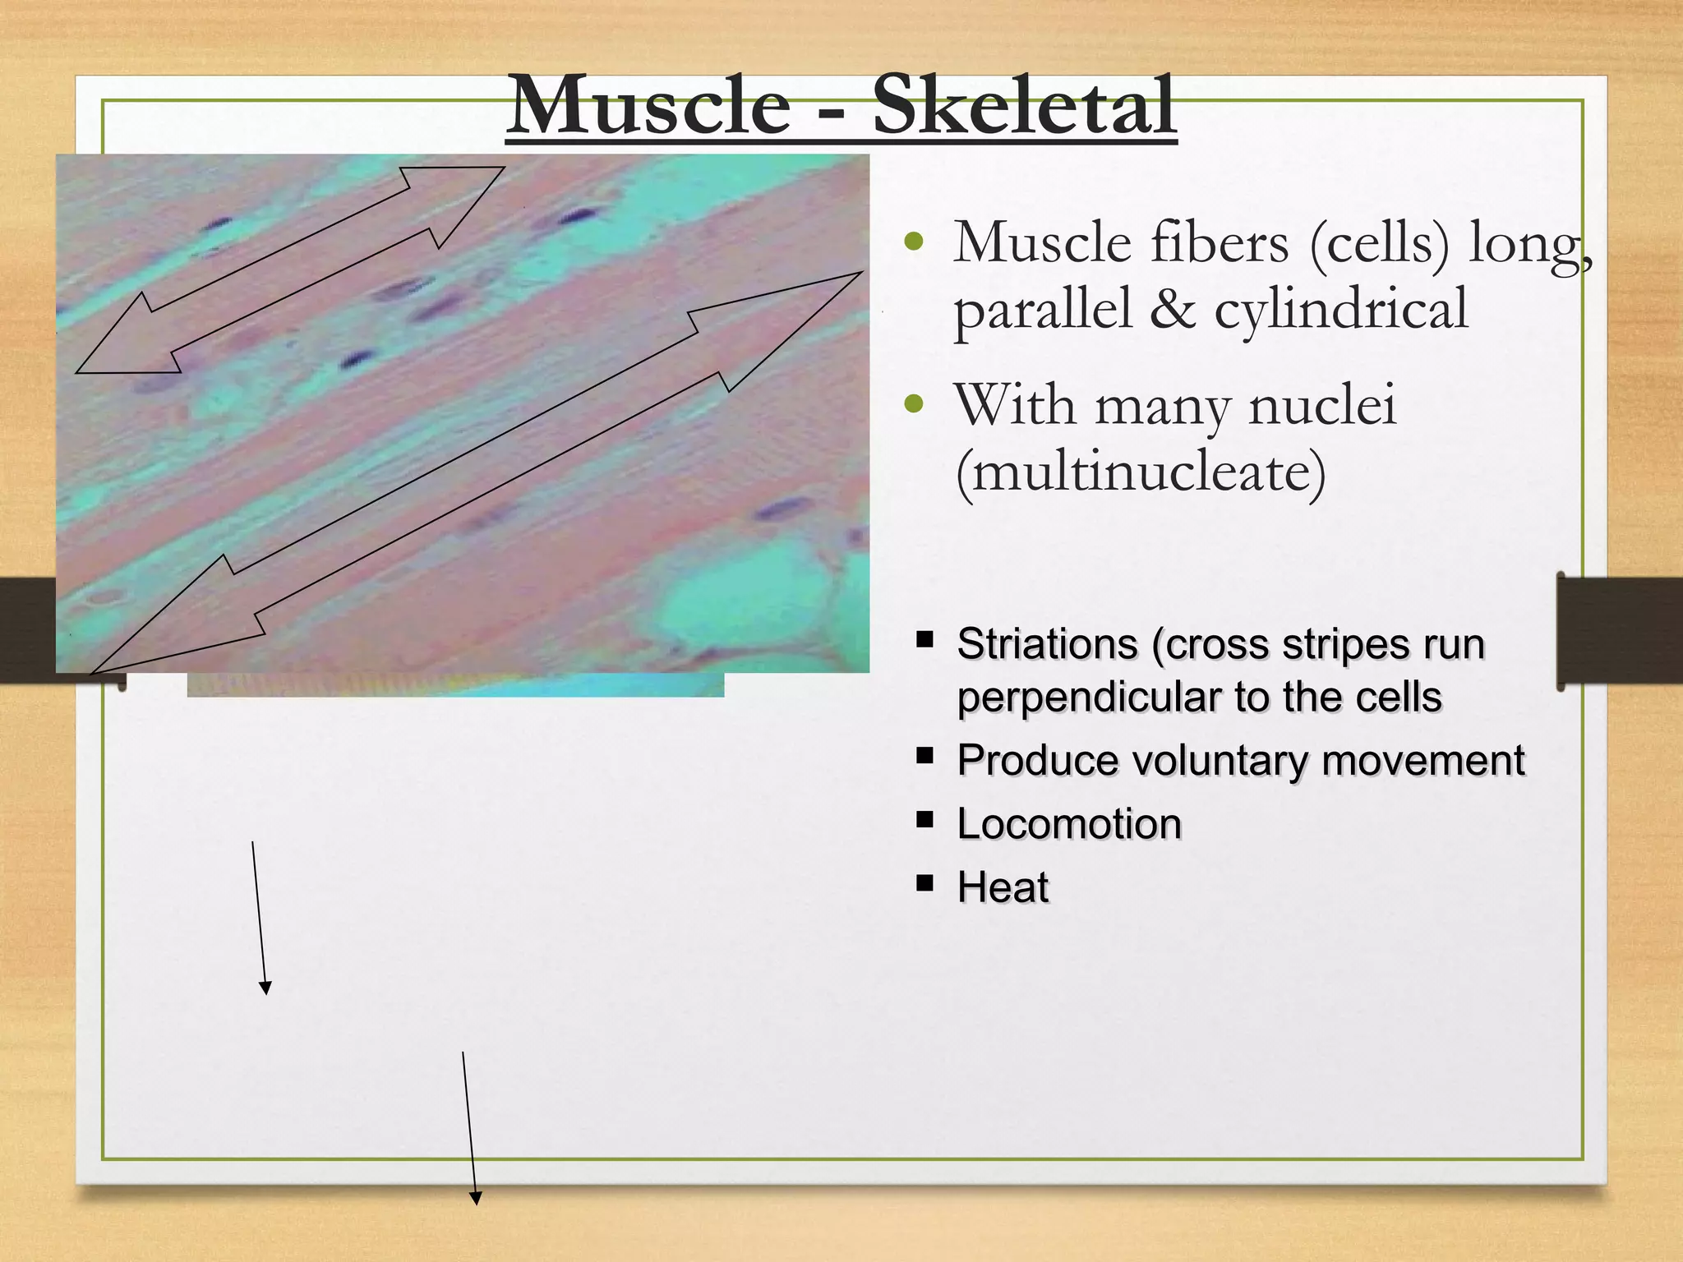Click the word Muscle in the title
(649, 107)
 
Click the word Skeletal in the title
(1023, 107)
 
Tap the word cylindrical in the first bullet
(1341, 311)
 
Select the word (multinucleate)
(1141, 473)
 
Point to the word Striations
(1048, 644)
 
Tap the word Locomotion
(1069, 824)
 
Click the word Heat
(1003, 888)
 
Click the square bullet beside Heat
(925, 883)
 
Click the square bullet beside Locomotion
(925, 819)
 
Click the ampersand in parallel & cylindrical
(1173, 311)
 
